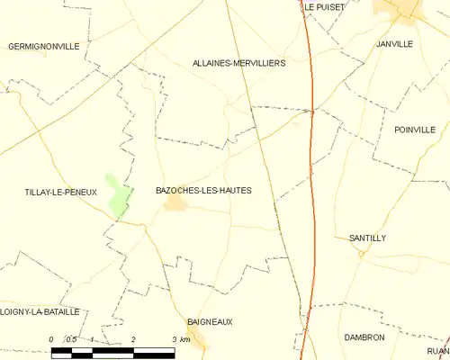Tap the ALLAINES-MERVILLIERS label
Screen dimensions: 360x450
(238, 64)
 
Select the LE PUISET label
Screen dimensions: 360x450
(323, 6)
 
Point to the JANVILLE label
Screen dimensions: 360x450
(395, 43)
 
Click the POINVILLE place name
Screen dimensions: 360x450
(414, 130)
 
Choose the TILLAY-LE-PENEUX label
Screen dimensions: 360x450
(60, 192)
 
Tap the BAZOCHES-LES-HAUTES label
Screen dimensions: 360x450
(203, 191)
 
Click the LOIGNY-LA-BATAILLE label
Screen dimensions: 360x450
(40, 311)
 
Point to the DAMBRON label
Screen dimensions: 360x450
(364, 337)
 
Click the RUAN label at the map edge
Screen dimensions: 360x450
(438, 352)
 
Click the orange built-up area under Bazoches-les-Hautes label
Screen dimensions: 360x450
(175, 205)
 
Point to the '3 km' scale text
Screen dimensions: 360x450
(180, 339)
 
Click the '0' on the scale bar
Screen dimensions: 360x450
(52, 339)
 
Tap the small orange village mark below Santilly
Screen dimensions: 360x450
(361, 254)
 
